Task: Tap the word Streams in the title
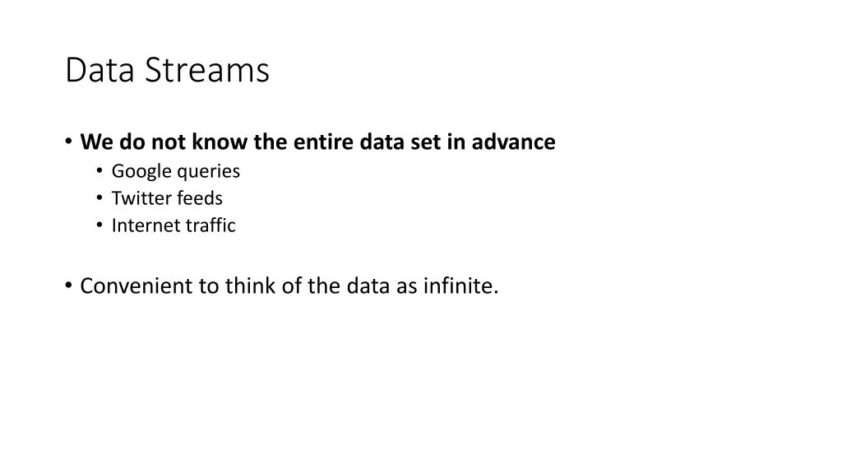[207, 71]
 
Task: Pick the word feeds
[200, 198]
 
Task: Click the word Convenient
[136, 286]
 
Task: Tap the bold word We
[97, 142]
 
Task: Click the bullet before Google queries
[99, 171]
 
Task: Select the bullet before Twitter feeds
[99, 198]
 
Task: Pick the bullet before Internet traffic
[99, 225]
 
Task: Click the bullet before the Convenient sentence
[69, 286]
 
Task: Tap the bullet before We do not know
[69, 142]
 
